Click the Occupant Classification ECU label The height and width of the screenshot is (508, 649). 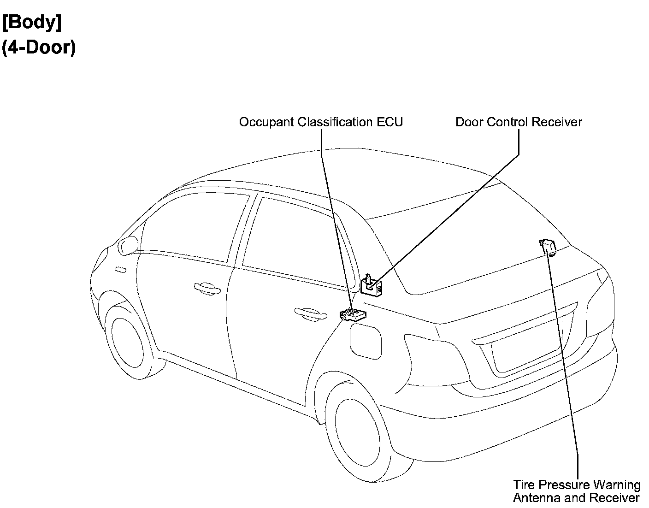pos(321,122)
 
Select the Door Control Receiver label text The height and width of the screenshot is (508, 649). pos(519,122)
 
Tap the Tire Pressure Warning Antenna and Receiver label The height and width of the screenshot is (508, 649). pos(577,491)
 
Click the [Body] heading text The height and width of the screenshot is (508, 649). pos(32,23)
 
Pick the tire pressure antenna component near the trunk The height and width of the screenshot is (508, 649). pos(548,247)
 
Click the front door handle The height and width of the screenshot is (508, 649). pos(206,288)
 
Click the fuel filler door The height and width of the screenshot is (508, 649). pos(366,341)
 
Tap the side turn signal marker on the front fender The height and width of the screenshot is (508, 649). pos(121,269)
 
